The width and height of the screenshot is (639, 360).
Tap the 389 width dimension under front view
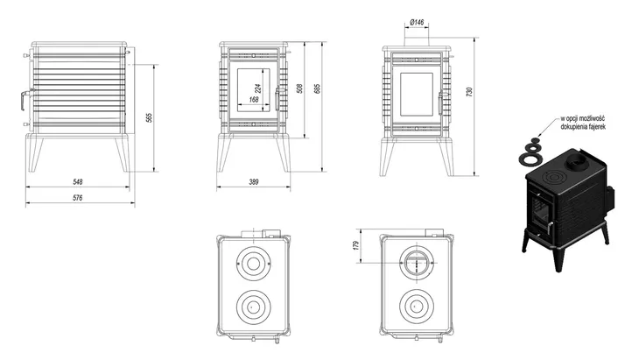click(254, 181)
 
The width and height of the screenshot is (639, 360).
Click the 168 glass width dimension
click(253, 100)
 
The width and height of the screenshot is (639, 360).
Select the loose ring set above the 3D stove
click(530, 152)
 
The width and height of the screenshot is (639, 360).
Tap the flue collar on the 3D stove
click(578, 165)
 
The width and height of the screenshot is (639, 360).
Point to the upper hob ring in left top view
click(252, 265)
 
